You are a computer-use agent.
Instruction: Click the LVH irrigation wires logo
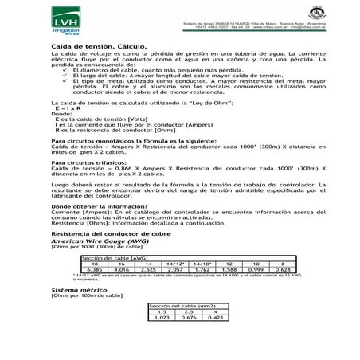[x=66, y=24]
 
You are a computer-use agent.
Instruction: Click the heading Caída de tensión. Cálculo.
[x=90, y=48]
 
